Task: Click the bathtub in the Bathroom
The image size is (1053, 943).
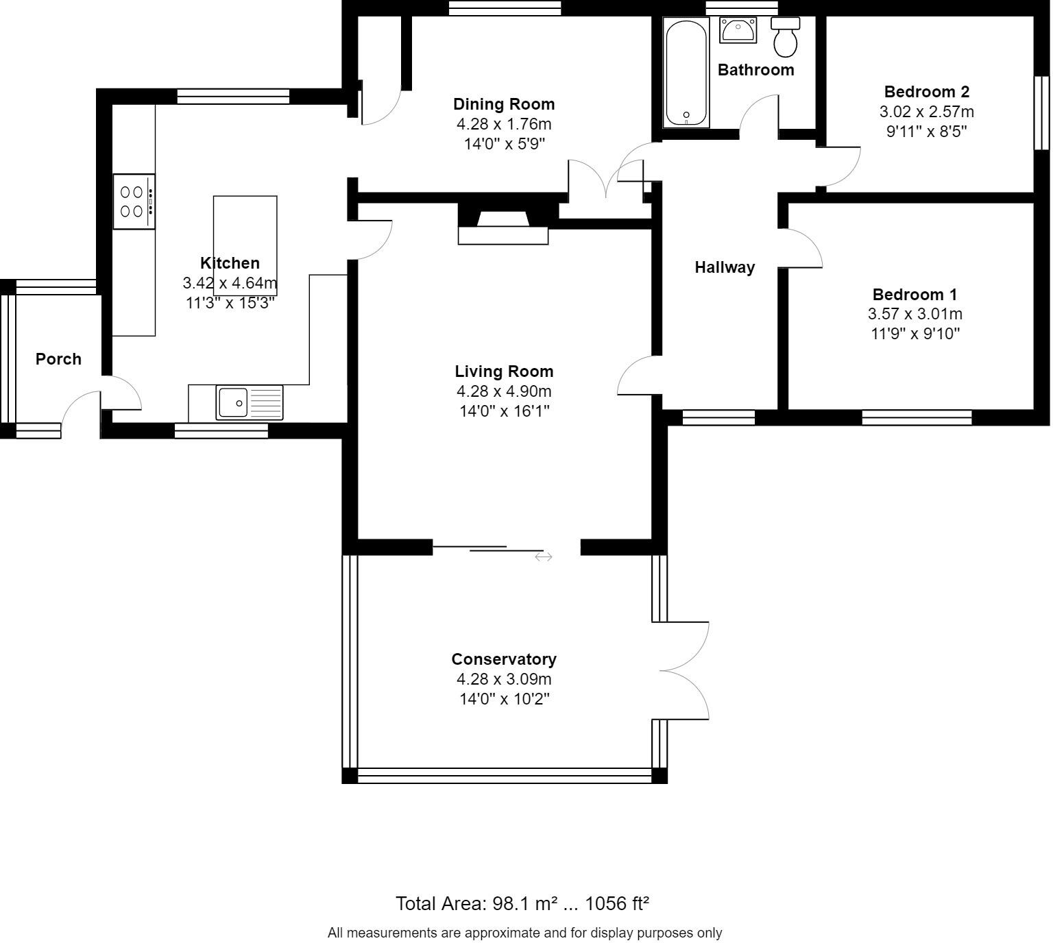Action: [x=686, y=73]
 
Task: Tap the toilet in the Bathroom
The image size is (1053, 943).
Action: [x=785, y=38]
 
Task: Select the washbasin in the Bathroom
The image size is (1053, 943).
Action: [x=738, y=30]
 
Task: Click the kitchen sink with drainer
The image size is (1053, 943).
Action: [x=249, y=402]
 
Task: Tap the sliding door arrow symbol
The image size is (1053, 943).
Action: [x=544, y=557]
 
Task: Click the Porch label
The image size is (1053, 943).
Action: [x=58, y=359]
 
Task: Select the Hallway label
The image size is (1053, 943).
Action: [x=725, y=267]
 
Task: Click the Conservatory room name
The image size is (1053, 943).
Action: [x=504, y=659]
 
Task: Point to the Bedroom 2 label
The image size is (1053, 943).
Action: [x=926, y=92]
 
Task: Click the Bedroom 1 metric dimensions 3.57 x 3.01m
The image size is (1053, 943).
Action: [x=915, y=314]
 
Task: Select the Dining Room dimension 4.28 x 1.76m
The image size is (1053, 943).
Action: [x=504, y=124]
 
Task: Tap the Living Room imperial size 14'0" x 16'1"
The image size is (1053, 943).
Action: [x=504, y=411]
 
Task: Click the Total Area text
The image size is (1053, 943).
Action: [x=522, y=903]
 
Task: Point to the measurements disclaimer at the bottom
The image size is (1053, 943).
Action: [x=524, y=933]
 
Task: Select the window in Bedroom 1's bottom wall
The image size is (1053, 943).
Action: [x=917, y=417]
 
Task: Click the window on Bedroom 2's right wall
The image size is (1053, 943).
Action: [x=1041, y=112]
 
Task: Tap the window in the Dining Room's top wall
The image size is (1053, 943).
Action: [x=505, y=8]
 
